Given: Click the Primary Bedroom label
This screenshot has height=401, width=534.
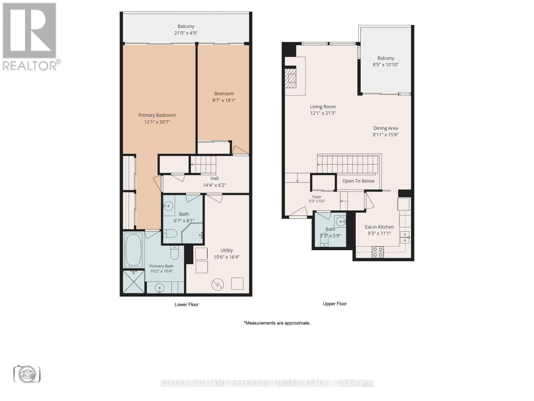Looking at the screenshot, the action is click(x=157, y=115).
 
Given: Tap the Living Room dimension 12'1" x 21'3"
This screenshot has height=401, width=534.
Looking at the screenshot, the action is click(x=323, y=113).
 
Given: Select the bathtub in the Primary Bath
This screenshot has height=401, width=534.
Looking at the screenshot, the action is click(x=133, y=250).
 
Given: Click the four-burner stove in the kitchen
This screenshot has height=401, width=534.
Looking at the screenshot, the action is click(x=378, y=252).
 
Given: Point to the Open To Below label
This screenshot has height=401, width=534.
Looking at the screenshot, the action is click(x=358, y=181).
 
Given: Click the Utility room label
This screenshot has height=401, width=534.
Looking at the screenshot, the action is click(x=227, y=250).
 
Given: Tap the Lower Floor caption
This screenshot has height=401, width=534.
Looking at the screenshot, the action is click(x=187, y=304).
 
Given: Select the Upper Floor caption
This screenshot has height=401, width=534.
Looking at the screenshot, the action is click(x=335, y=304).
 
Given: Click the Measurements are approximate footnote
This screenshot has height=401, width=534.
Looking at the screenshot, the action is click(x=277, y=323).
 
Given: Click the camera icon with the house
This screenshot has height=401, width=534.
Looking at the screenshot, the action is click(x=27, y=374).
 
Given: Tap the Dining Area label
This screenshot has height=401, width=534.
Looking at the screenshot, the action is click(x=385, y=128).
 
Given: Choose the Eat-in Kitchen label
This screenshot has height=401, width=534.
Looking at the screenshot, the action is click(x=379, y=227).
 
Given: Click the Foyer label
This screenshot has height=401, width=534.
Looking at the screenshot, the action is click(x=317, y=197).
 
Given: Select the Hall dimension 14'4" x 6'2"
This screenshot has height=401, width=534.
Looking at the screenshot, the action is click(x=214, y=185).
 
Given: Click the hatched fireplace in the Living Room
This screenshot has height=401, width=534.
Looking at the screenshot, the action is click(x=290, y=78).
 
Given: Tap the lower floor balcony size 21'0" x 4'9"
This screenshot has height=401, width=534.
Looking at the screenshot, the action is click(x=186, y=33).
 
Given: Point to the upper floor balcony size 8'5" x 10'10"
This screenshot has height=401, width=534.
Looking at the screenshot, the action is click(x=385, y=64).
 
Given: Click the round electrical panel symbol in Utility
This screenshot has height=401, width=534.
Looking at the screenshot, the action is click(x=218, y=284).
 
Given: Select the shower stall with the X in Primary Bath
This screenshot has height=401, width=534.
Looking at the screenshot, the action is click(x=133, y=282).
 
